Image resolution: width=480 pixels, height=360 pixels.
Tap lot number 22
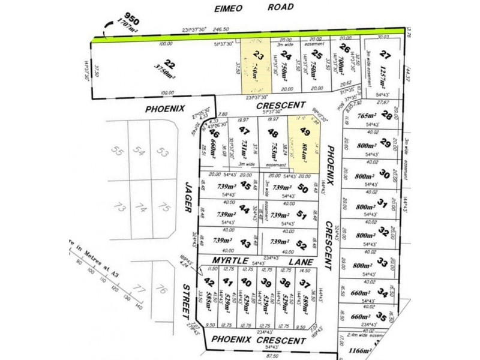click(170, 64)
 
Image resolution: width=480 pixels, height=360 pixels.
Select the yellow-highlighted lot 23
click(256, 66)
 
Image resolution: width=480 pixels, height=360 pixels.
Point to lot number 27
click(386, 56)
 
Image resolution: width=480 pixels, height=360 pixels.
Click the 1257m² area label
click(382, 76)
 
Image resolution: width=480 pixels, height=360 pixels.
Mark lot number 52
click(301, 245)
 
